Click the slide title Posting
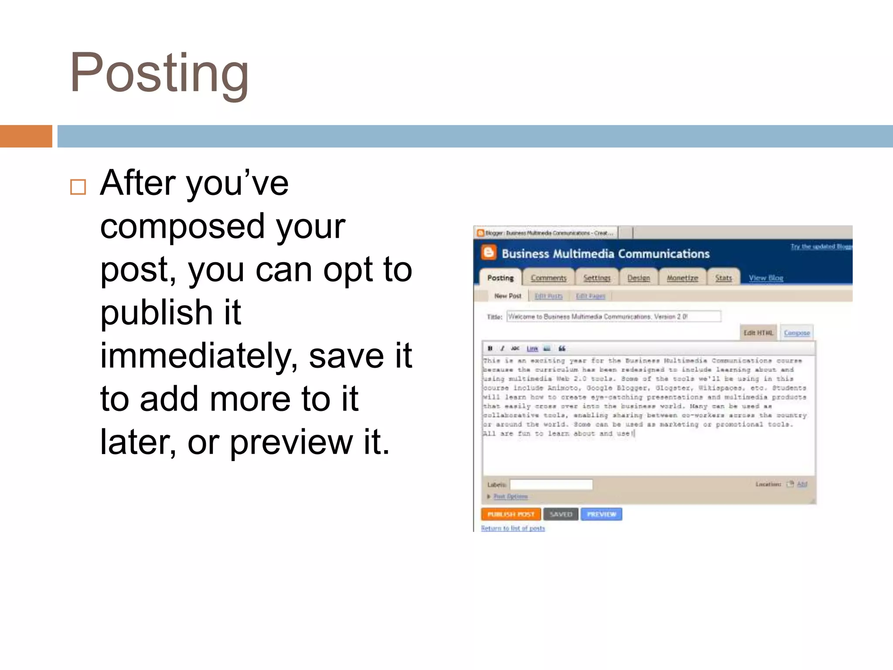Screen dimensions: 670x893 [159, 73]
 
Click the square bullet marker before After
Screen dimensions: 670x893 [78, 187]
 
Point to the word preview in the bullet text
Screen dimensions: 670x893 [291, 442]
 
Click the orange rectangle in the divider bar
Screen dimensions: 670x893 [26, 136]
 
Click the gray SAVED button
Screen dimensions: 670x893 [561, 514]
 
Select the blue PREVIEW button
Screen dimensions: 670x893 [601, 514]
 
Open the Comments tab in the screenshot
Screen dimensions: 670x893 [549, 278]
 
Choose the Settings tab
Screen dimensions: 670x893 [597, 278]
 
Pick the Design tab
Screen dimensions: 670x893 [638, 278]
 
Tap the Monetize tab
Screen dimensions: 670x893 [682, 278]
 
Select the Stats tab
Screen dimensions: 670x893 [723, 278]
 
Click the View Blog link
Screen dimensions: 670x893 [766, 278]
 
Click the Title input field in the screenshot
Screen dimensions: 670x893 [614, 316]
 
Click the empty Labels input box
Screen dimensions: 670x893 [551, 484]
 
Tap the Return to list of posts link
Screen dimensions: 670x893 [513, 528]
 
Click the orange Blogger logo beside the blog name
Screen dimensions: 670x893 [489, 253]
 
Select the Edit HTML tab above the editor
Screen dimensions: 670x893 [758, 333]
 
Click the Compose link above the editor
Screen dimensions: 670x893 [797, 333]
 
